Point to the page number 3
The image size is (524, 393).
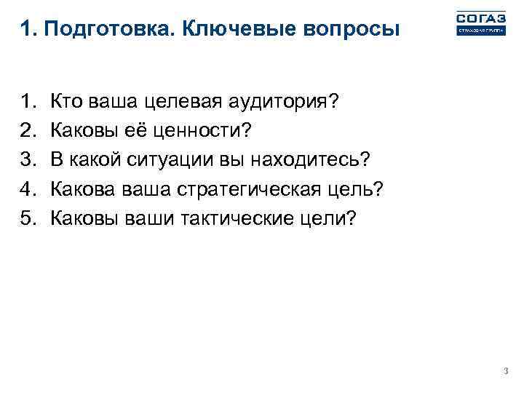tap(506, 372)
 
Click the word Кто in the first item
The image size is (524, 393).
tap(64, 101)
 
